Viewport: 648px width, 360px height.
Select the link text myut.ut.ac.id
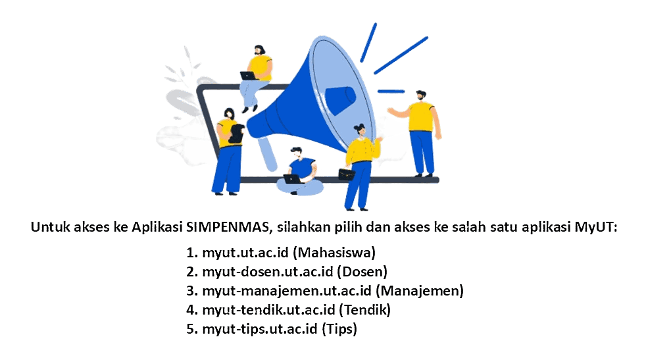coord(245,253)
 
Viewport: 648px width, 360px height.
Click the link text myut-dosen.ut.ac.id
coord(267,272)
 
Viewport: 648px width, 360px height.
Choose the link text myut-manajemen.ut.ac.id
coord(287,290)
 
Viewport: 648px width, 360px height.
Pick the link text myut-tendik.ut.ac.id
coord(268,309)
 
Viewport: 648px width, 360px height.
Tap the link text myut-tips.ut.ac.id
coord(260,328)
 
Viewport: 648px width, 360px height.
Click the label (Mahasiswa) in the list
coord(334,253)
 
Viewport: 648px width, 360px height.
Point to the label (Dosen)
coord(362,272)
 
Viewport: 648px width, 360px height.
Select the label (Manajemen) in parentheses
coord(420,291)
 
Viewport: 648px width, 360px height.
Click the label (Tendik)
coord(365,309)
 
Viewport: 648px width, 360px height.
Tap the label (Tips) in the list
coord(339,329)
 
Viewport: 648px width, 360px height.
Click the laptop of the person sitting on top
coord(249,76)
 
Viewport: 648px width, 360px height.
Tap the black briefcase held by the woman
coord(346,174)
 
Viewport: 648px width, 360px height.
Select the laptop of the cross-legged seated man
coord(293,179)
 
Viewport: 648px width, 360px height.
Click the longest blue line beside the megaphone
coord(401,55)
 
